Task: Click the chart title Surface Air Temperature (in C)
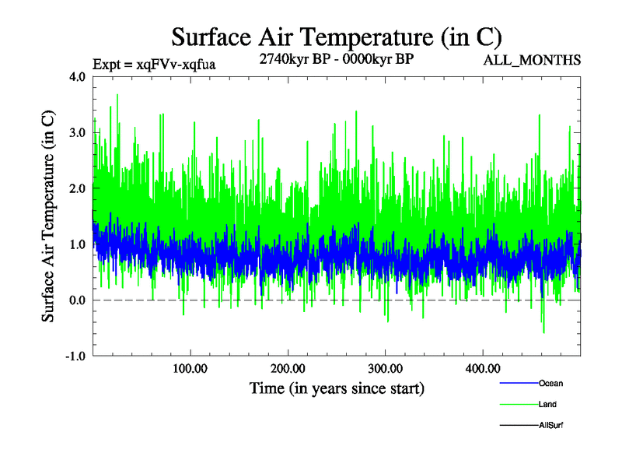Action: point(336,37)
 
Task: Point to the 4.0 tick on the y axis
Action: point(78,77)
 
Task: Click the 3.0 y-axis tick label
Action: point(78,133)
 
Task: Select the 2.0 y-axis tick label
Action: point(78,189)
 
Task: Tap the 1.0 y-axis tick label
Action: point(78,244)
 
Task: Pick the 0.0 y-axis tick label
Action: point(78,300)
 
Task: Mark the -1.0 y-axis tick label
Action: point(76,356)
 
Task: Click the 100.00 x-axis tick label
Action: point(190,368)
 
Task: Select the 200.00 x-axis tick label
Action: point(288,368)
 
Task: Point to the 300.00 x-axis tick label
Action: point(385,368)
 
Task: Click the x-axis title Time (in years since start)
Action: point(336,388)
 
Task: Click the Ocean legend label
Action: point(550,383)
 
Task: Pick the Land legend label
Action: point(547,404)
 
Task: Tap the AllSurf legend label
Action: point(550,425)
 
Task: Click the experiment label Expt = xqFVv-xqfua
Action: point(154,64)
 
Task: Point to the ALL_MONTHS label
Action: point(533,60)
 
